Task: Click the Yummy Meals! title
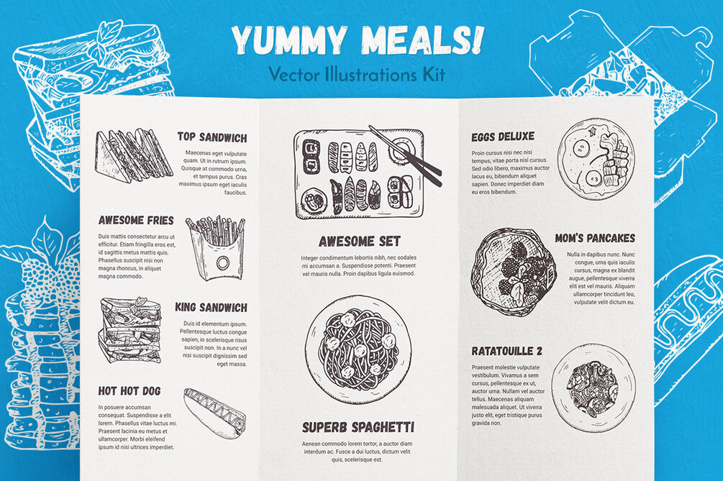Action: [358, 40]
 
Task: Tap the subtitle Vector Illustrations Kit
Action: [357, 74]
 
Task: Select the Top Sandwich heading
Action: [212, 137]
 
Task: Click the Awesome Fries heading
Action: [136, 220]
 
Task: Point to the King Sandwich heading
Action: [211, 307]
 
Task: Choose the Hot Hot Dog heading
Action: [129, 391]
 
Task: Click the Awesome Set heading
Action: [359, 242]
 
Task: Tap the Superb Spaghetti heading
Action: [358, 428]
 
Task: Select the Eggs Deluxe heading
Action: [503, 137]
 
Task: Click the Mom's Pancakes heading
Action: [595, 238]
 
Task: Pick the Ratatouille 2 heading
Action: [506, 352]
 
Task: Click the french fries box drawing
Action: [215, 248]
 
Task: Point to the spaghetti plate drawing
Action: [359, 349]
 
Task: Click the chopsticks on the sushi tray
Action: [406, 156]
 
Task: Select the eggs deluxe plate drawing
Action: [596, 159]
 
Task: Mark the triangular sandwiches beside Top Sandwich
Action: [134, 155]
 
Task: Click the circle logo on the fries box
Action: [223, 263]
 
